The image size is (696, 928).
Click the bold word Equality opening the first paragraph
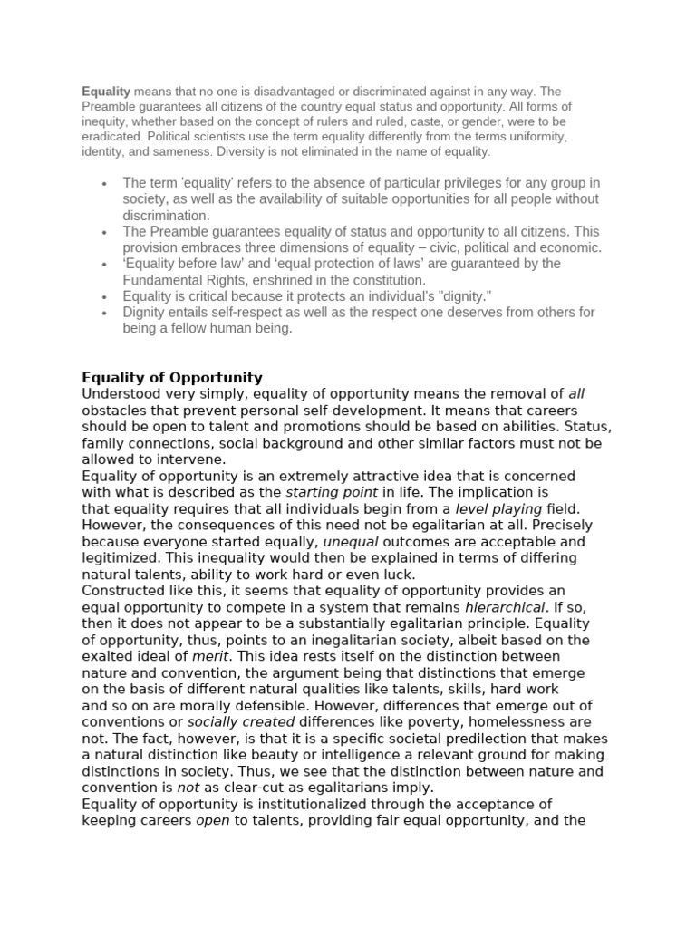click(x=106, y=92)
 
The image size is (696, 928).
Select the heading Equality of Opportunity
click(x=172, y=377)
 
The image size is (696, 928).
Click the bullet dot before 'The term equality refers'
click(x=106, y=183)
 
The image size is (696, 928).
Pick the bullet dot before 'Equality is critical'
click(x=106, y=296)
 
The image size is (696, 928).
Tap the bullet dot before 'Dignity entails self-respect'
click(x=106, y=313)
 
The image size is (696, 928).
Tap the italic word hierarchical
click(x=505, y=607)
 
